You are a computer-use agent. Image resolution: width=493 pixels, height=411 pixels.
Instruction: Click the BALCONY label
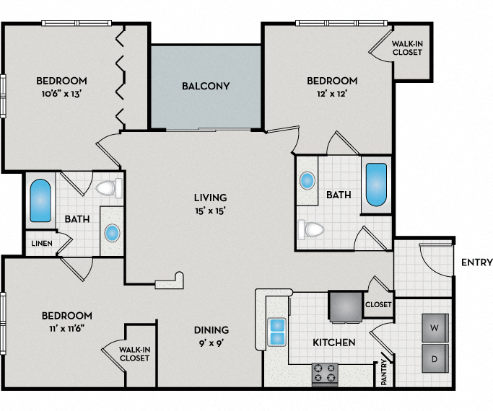point(206,87)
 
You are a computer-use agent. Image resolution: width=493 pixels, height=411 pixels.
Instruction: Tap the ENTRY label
point(477,262)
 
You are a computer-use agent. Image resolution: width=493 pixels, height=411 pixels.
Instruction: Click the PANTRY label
point(384,372)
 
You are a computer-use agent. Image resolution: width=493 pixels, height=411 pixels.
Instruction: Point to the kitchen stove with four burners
point(325,373)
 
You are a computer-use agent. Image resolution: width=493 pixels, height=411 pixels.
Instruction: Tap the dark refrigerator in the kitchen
point(346,306)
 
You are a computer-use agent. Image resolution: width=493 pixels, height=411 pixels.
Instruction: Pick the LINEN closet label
point(41,244)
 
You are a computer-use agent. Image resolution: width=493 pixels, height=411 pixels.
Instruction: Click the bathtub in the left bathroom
point(40,201)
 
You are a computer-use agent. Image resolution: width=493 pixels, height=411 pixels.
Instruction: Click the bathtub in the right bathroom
point(376,185)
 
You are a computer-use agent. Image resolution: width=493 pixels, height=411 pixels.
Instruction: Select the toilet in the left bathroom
point(108,189)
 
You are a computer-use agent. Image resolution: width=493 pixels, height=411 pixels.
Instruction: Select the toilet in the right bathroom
point(311,230)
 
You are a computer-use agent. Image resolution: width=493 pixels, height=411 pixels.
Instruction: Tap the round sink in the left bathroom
point(112,233)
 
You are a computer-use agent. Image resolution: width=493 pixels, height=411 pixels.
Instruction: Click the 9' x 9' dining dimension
point(211,343)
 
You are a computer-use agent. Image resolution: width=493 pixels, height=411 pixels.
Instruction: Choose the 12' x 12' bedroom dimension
point(331,94)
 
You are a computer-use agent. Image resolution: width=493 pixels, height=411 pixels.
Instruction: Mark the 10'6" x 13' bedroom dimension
point(63,94)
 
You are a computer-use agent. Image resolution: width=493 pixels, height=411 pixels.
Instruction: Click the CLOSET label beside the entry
point(378,304)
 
